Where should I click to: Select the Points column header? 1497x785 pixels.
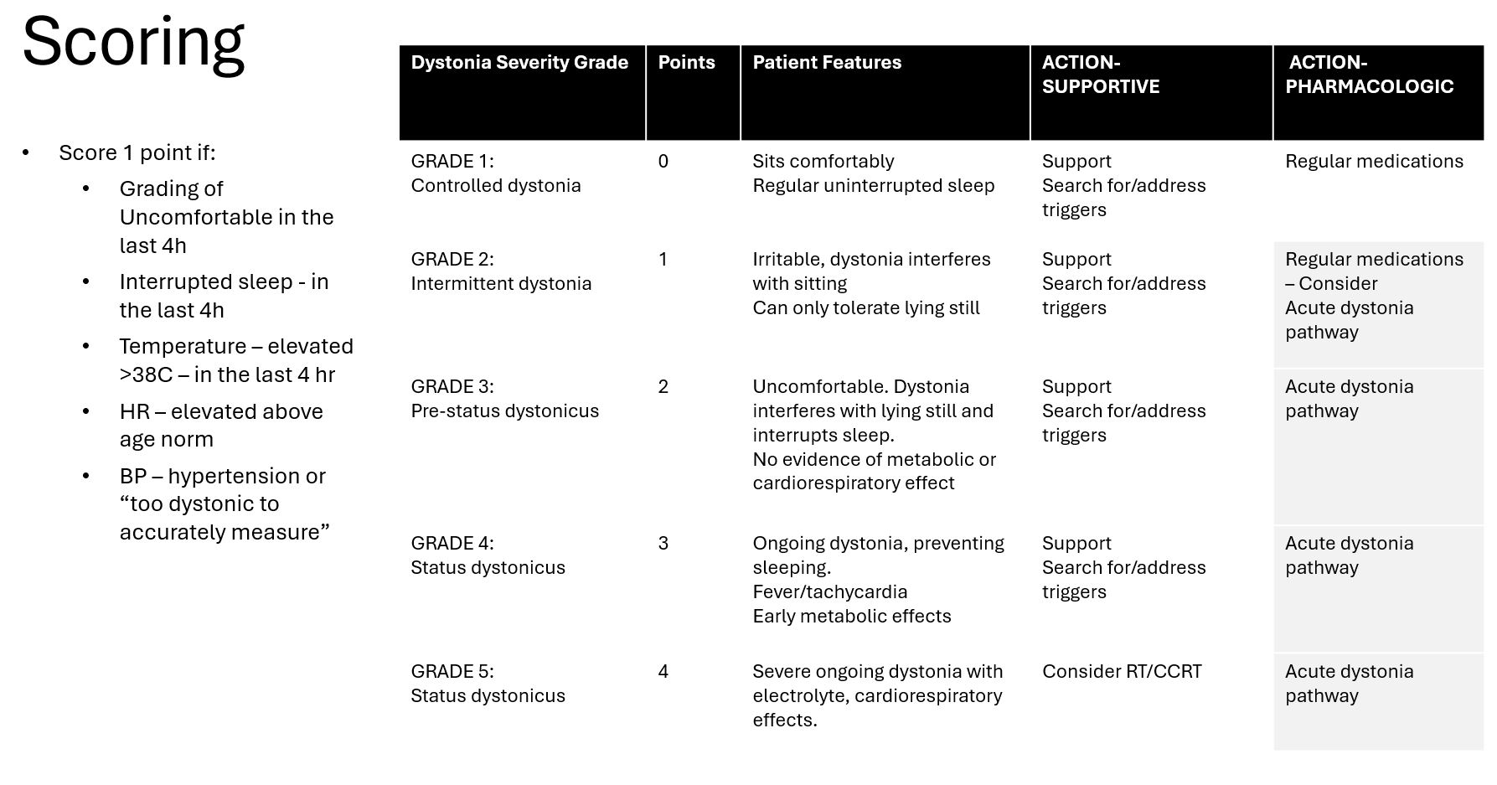[686, 63]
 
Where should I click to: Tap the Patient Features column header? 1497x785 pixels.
[827, 63]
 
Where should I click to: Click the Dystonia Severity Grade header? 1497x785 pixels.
[519, 63]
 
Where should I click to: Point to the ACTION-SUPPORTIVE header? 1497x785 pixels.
[1100, 75]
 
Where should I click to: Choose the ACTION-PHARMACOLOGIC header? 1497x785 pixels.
[1369, 75]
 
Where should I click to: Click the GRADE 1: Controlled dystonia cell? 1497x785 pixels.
[495, 173]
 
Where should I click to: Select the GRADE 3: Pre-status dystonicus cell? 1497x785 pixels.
[504, 399]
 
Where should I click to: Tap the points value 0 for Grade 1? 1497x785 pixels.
[663, 162]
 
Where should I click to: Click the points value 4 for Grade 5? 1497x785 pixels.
[663, 672]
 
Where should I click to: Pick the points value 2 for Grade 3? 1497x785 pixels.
[663, 387]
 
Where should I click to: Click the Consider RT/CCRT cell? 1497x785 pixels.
[1122, 672]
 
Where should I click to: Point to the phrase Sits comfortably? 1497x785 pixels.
[823, 162]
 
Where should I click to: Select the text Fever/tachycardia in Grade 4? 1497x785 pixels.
[829, 592]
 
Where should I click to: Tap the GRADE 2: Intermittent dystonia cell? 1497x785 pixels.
[501, 271]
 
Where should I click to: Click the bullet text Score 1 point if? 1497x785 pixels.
[137, 153]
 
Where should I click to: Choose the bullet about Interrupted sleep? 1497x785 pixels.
[224, 296]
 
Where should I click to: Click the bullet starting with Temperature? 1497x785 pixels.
[236, 360]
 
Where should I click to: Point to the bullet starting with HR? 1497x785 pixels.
[221, 426]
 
